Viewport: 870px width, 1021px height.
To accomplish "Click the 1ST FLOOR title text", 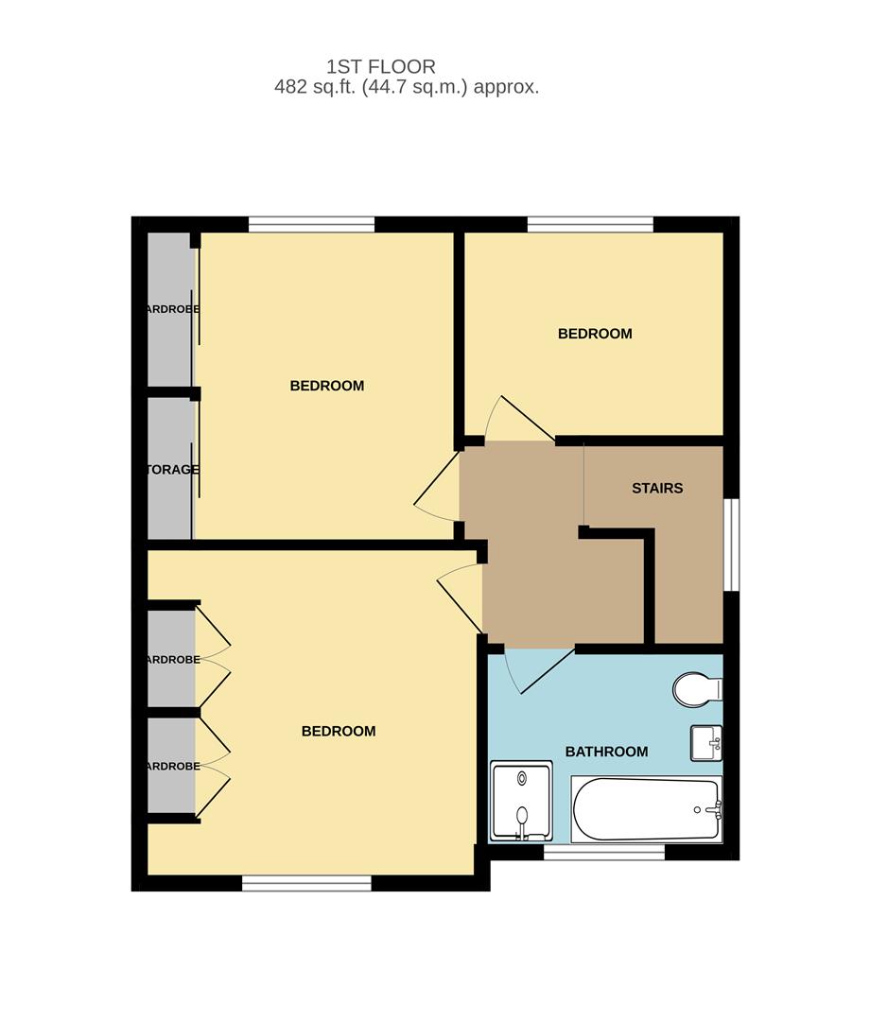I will pos(381,66).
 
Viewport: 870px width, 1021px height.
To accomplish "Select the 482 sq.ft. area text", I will pos(407,87).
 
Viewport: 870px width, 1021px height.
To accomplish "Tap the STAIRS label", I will pos(657,489).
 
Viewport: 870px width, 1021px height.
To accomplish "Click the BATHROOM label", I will pos(606,752).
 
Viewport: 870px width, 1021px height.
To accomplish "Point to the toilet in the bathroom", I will pos(695,688).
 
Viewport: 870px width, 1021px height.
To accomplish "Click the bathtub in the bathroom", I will pos(646,809).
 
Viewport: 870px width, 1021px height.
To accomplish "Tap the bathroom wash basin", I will pos(705,742).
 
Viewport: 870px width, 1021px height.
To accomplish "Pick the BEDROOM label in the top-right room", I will pos(595,334).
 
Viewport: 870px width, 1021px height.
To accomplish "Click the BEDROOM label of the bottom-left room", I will pos(339,731).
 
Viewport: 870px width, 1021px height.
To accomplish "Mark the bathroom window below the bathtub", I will pos(604,853).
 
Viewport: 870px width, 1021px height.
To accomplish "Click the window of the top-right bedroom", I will pos(590,224).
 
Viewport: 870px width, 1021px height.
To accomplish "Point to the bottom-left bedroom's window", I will pos(306,883).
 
